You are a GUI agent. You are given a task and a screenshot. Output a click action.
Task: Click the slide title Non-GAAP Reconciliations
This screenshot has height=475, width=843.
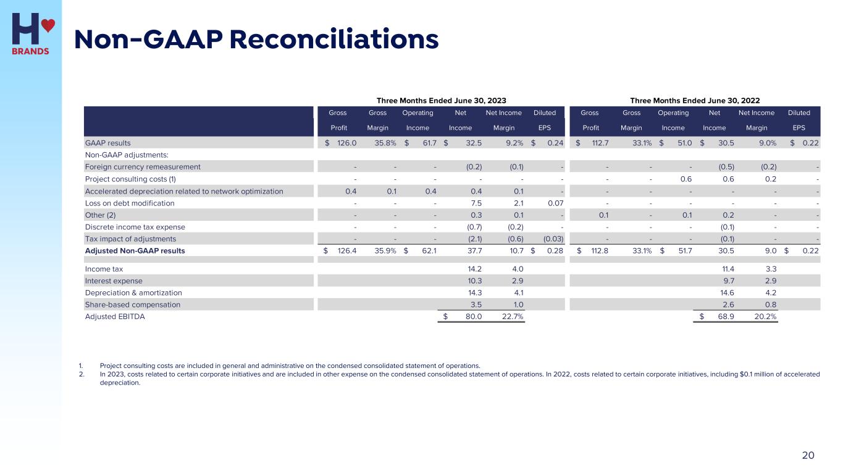coord(256,40)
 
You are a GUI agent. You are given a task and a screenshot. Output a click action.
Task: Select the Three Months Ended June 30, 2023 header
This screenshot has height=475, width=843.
coord(442,100)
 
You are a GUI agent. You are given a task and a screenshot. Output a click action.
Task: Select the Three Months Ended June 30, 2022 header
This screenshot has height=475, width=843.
coord(695,100)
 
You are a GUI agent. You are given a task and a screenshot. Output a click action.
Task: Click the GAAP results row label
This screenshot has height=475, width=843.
coord(107,143)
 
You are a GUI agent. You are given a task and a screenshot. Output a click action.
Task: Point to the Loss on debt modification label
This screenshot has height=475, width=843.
coord(129,203)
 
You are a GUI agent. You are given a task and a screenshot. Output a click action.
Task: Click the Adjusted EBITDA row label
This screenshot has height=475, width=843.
coord(115,317)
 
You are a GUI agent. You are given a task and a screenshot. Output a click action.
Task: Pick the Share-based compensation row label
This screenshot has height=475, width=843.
coord(132,304)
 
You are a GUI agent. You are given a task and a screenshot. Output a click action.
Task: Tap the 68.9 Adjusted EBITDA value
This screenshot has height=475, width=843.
coord(723,317)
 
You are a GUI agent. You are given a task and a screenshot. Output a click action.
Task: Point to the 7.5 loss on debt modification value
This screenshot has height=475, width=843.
coord(476,203)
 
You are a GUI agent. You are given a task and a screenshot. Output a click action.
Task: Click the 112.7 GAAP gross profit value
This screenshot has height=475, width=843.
coord(597,143)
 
